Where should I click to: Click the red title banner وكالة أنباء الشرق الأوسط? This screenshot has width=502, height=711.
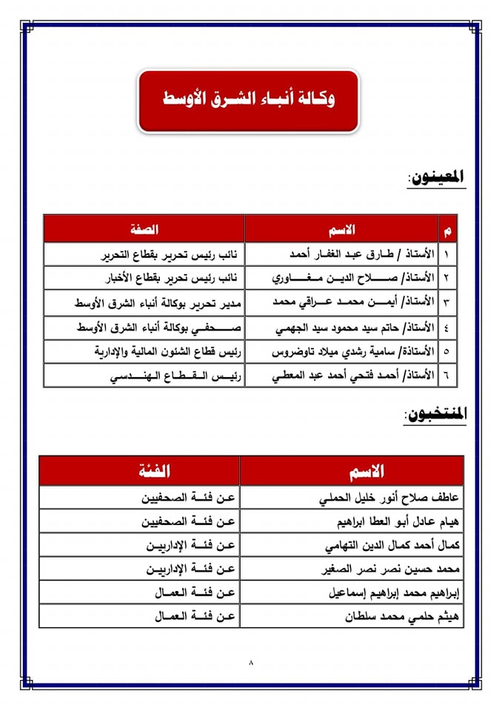click(248, 100)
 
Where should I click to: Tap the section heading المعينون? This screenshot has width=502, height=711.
click(436, 178)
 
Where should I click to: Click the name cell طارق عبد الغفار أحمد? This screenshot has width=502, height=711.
click(341, 254)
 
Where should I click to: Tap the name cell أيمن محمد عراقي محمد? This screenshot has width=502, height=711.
click(341, 302)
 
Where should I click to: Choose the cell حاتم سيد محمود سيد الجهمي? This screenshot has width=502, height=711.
click(341, 327)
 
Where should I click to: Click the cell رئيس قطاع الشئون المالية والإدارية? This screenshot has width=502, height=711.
click(144, 351)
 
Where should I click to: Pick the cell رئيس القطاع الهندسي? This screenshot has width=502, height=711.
click(144, 375)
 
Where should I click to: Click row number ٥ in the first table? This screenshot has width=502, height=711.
click(447, 351)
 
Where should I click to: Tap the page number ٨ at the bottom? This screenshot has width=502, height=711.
click(251, 663)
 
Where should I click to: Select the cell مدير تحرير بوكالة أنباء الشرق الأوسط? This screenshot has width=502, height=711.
click(144, 302)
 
